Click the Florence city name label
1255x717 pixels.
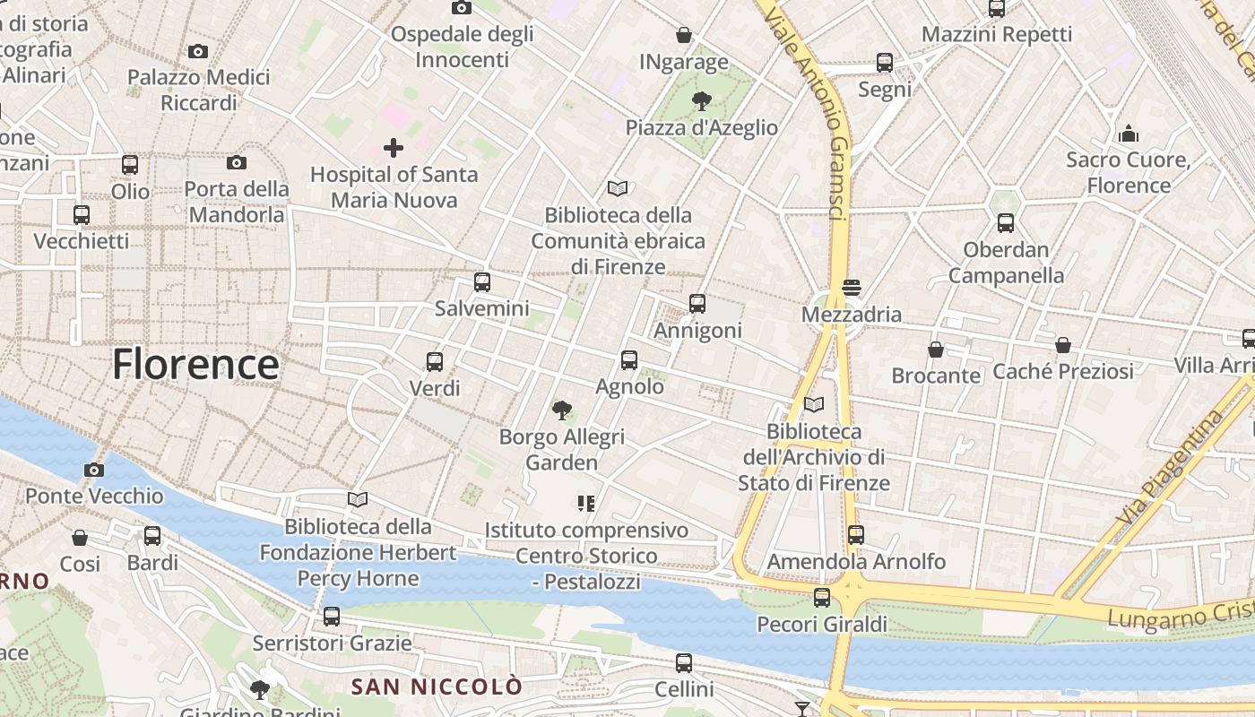195,365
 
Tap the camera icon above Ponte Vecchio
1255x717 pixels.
93,470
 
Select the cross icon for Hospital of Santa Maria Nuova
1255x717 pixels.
393,148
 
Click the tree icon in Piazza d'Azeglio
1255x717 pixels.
701,101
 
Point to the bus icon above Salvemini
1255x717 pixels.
481,282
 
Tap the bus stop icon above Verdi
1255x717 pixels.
435,361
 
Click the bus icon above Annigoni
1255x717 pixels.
697,304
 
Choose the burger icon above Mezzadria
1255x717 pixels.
851,288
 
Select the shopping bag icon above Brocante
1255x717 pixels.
936,349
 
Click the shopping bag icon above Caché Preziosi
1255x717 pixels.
1062,345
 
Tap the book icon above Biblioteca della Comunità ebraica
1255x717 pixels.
618,188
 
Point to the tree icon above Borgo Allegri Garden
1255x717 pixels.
562,410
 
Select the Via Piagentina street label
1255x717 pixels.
1172,467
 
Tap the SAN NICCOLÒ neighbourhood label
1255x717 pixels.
437,687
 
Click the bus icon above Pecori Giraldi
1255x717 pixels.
821,598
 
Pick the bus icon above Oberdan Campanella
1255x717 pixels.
1005,223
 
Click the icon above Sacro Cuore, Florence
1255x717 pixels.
1129,134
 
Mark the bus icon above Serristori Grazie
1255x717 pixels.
332,617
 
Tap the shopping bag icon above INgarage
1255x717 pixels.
684,35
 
